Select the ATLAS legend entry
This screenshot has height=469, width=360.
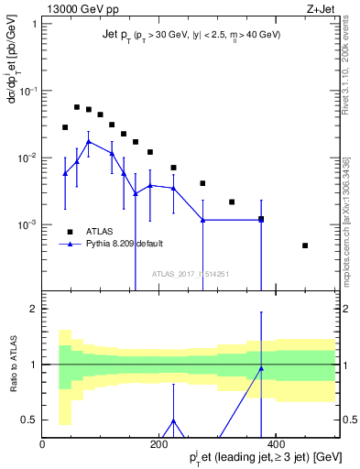(100, 231)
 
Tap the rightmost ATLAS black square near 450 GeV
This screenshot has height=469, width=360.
(305, 245)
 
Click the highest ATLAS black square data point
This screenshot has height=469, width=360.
(77, 107)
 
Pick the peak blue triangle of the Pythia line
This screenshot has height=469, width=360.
(88, 142)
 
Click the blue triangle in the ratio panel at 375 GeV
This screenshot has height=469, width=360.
(261, 369)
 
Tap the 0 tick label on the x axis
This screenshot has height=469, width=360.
(43, 444)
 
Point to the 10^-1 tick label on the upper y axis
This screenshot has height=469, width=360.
(28, 91)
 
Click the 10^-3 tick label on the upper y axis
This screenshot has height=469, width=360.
(28, 224)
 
